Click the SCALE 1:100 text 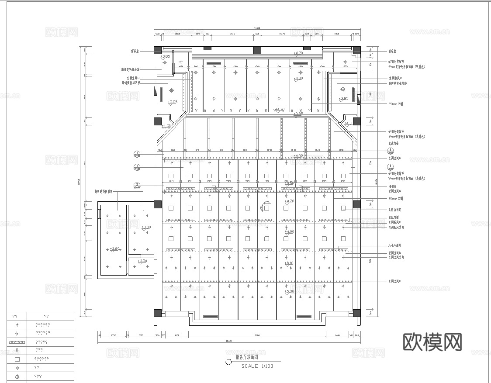tap(257, 366)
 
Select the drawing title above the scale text tap(247, 357)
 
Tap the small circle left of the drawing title tap(228, 362)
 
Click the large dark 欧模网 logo tap(432, 342)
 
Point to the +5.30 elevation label tap(289, 291)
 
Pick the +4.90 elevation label tap(289, 231)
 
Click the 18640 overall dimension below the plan tap(228, 341)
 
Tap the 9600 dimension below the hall tap(257, 335)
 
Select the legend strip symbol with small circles tap(17, 342)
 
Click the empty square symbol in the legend tap(17, 359)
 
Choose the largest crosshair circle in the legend tap(17, 376)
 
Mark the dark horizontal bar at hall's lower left tap(210, 316)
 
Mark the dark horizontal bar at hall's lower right tap(305, 316)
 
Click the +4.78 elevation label tap(279, 109)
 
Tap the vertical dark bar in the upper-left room tap(161, 94)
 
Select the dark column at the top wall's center tap(257, 50)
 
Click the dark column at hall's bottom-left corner tap(158, 313)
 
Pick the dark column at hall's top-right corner tap(356, 50)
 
